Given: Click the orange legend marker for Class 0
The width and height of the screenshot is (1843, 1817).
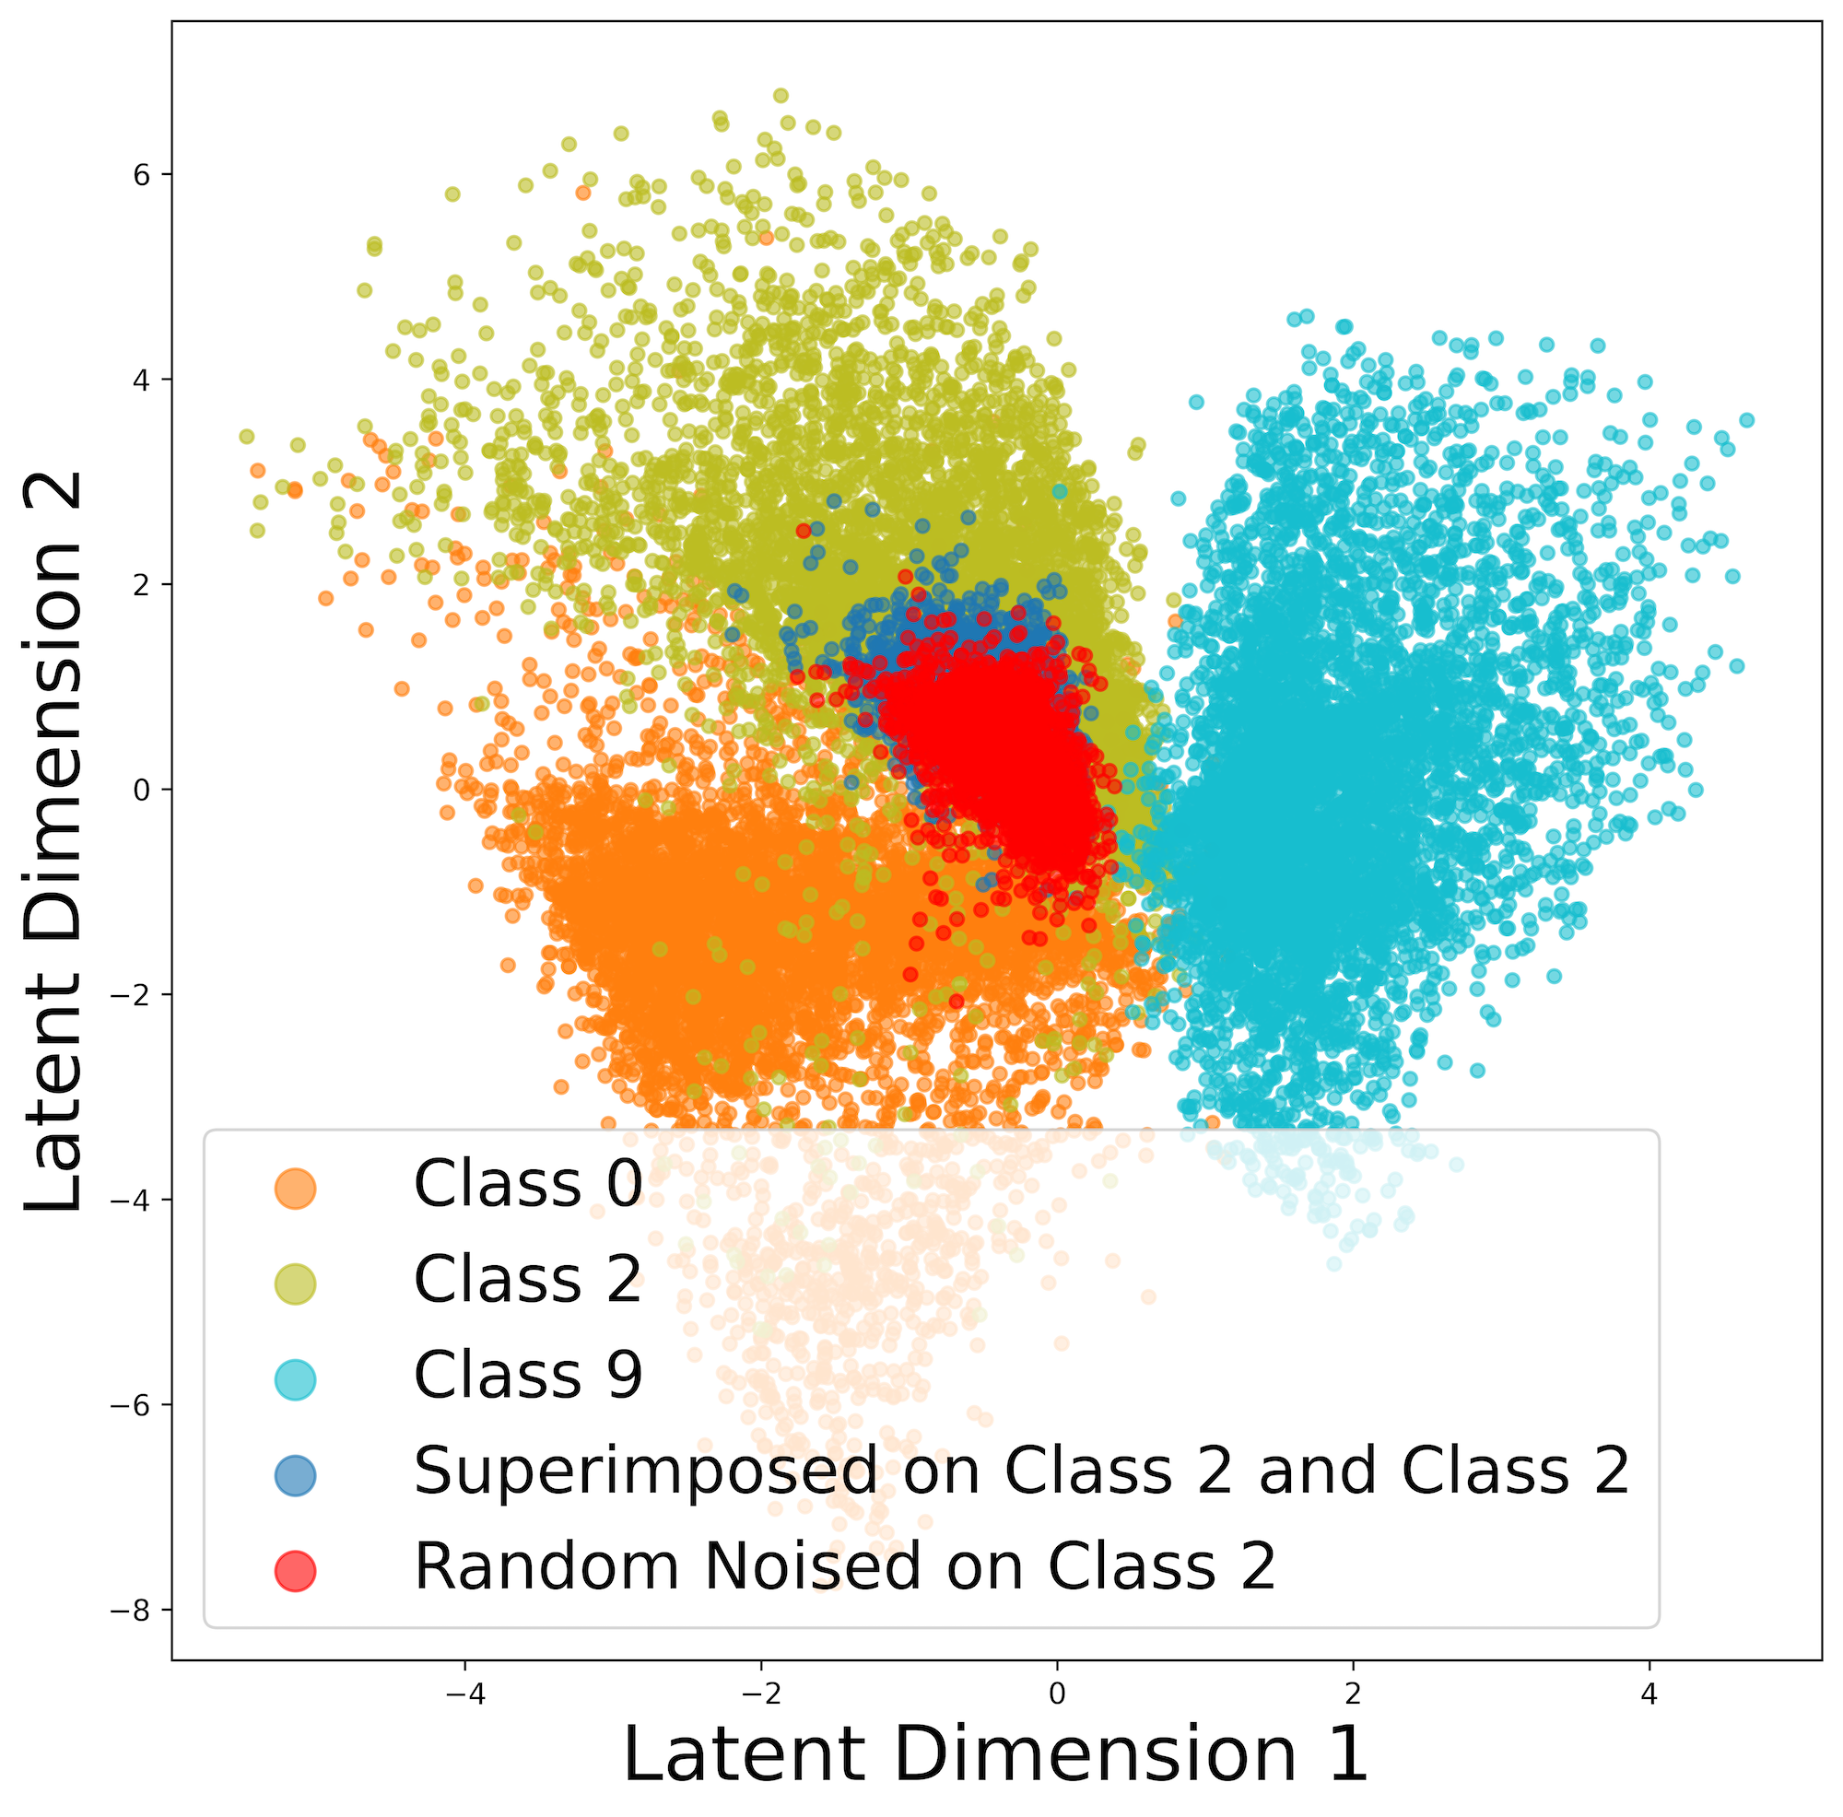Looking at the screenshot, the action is tap(295, 1189).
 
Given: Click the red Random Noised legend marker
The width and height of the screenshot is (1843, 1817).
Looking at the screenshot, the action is tap(295, 1571).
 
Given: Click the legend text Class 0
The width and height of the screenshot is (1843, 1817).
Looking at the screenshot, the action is tap(527, 1185).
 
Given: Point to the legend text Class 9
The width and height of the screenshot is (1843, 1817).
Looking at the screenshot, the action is tap(527, 1376).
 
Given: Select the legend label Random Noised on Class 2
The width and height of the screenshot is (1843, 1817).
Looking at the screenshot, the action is tap(844, 1567).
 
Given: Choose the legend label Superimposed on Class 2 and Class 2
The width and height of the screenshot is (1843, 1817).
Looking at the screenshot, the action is tap(1022, 1471).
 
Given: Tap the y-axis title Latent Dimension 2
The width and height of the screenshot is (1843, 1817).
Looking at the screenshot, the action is tap(54, 843).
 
